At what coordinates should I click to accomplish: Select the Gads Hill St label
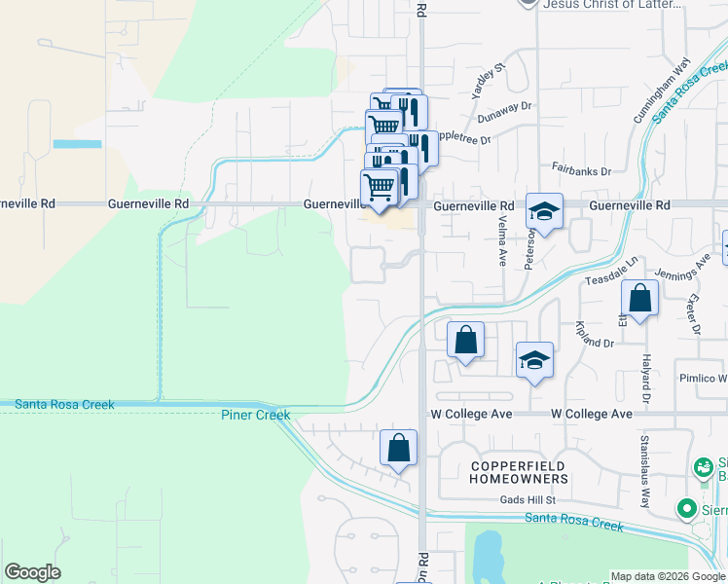pyautogui.click(x=527, y=499)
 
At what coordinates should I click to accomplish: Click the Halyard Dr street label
pyautogui.click(x=644, y=379)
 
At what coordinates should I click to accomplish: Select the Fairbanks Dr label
pyautogui.click(x=581, y=170)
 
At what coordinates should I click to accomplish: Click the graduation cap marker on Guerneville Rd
pyautogui.click(x=545, y=210)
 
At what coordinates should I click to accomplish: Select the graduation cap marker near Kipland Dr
pyautogui.click(x=534, y=360)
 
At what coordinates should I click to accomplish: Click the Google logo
pyautogui.click(x=32, y=572)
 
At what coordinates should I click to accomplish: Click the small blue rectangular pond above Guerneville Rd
pyautogui.click(x=77, y=144)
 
